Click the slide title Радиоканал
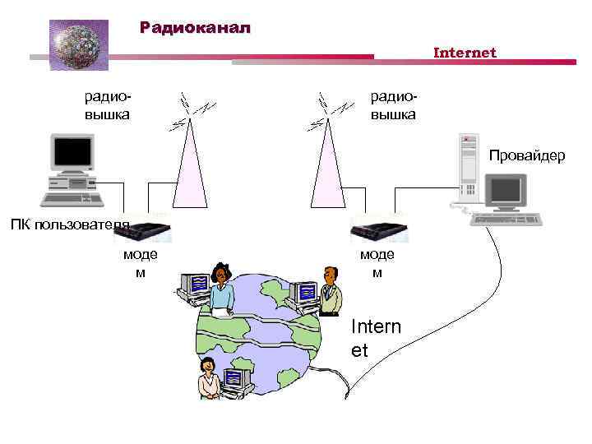tap(195, 28)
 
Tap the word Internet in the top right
tap(465, 53)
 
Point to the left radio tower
tap(190, 169)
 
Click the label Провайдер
tap(527, 155)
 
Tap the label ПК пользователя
tap(70, 225)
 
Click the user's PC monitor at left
tap(72, 153)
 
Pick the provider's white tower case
tap(468, 168)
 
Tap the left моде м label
tap(140, 263)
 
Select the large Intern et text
tap(376, 338)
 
